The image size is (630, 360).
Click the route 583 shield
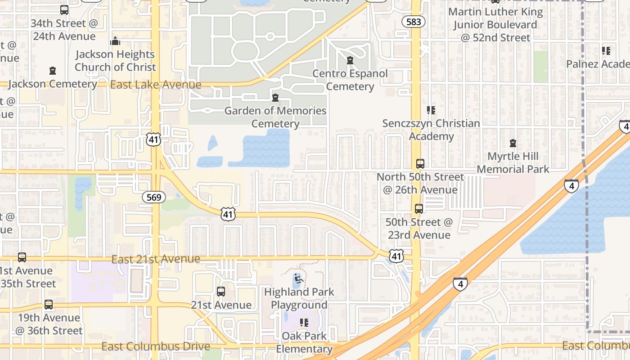tap(414, 22)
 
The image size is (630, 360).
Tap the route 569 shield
tap(154, 197)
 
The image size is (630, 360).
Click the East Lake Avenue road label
tap(156, 85)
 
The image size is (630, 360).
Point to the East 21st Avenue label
tap(156, 259)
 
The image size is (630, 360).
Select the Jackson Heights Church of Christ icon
tap(115, 41)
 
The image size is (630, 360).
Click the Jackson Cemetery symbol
tap(53, 71)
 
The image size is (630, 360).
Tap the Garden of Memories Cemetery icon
tap(275, 97)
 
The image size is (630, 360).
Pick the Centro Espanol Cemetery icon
tap(350, 60)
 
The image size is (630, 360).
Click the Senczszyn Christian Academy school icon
tap(431, 110)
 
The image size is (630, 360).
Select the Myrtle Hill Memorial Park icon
tap(513, 144)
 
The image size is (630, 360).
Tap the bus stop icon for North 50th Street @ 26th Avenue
tap(420, 164)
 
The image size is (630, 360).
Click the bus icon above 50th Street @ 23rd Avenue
tap(418, 209)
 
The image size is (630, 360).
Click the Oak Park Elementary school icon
tap(304, 323)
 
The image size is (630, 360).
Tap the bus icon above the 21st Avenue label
tap(220, 292)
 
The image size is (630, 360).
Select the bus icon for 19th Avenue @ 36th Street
tap(49, 305)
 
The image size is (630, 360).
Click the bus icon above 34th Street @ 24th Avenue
tap(64, 10)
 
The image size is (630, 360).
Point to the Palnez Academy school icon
tap(606, 51)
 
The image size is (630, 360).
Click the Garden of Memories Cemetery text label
tap(275, 117)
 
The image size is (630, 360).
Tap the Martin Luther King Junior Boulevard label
tap(495, 25)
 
